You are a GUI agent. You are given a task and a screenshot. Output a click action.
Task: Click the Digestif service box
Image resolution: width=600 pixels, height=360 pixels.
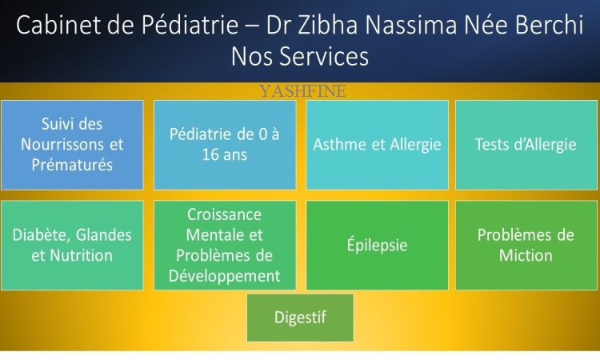click(x=300, y=318)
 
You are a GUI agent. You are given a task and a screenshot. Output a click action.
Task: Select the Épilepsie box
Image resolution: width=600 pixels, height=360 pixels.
click(x=377, y=246)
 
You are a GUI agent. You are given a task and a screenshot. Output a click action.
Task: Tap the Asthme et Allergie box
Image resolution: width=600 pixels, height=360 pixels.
click(x=377, y=145)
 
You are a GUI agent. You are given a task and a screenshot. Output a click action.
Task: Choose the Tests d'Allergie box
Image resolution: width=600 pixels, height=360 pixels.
click(x=526, y=145)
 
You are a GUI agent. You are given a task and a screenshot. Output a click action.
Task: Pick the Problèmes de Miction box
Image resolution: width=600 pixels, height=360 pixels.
click(x=526, y=246)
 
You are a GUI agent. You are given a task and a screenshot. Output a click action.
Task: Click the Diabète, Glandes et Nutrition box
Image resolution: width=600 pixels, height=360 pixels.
click(x=72, y=246)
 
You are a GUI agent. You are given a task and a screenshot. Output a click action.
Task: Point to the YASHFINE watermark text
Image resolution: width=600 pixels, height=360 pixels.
click(x=302, y=91)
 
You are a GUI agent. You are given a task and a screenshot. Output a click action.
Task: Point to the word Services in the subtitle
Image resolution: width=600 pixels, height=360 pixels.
click(x=324, y=56)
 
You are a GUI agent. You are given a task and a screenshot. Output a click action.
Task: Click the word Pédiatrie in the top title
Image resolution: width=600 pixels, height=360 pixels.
click(x=190, y=25)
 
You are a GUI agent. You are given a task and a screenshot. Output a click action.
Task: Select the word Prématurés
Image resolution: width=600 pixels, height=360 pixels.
click(x=72, y=166)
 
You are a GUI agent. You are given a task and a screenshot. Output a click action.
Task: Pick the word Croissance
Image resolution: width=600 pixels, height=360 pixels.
click(x=224, y=214)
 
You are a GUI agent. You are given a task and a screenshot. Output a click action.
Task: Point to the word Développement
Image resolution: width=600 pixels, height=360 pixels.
click(x=224, y=276)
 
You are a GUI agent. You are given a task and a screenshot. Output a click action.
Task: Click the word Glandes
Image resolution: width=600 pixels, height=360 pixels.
click(x=103, y=235)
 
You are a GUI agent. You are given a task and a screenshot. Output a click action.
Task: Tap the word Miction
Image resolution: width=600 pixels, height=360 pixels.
click(x=526, y=255)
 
